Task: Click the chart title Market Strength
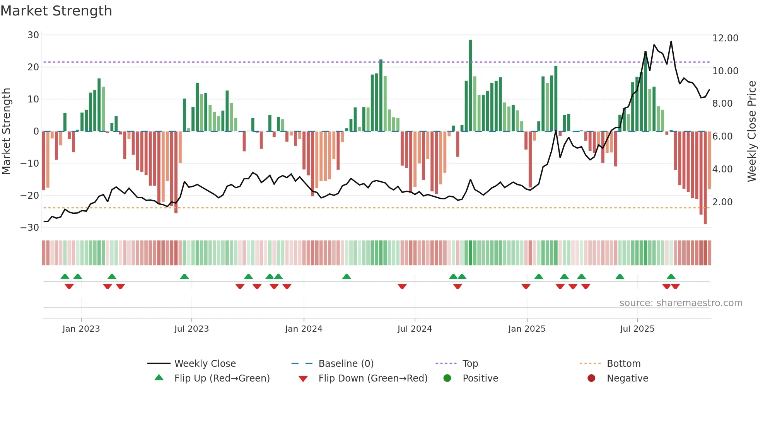(56, 11)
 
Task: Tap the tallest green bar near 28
(470, 85)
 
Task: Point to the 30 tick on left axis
(33, 35)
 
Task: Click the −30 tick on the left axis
(30, 228)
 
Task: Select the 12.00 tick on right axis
(725, 38)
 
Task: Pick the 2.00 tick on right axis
(722, 202)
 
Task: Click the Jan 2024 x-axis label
(304, 329)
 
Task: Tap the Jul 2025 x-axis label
(637, 329)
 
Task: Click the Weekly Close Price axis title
(751, 131)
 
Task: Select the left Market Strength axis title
(6, 131)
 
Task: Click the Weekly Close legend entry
(205, 364)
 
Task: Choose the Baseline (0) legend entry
(346, 364)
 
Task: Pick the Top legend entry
(470, 364)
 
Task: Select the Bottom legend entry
(623, 364)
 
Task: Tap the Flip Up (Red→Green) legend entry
(222, 378)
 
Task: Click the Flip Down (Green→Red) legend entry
(373, 378)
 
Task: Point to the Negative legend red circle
(591, 378)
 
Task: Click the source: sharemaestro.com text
(681, 303)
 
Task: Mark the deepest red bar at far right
(705, 178)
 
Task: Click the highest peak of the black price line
(671, 42)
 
